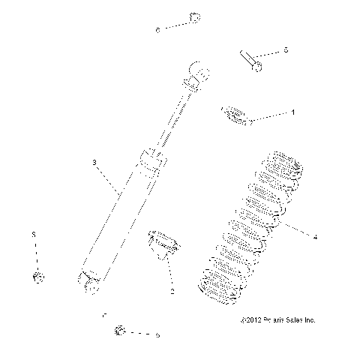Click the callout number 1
292,111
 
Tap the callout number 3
94,162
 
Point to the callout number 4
315,237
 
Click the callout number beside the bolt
286,50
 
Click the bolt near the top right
250,61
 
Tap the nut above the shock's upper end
194,17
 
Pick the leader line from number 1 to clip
270,114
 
